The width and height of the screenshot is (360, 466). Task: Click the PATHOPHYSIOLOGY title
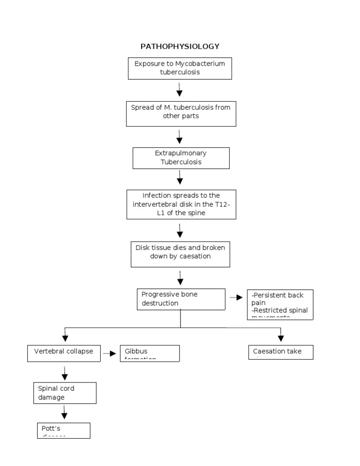pyautogui.click(x=180, y=46)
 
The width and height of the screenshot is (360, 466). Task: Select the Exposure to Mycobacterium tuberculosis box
pyautogui.click(x=180, y=68)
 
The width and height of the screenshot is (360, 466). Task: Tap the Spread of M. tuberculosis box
pyautogui.click(x=181, y=113)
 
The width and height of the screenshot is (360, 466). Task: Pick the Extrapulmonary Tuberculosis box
pyautogui.click(x=181, y=158)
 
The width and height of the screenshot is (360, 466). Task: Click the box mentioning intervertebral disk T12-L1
pyautogui.click(x=181, y=204)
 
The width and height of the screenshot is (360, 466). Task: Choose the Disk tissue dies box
pyautogui.click(x=180, y=254)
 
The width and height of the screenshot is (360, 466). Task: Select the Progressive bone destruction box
pyautogui.click(x=181, y=299)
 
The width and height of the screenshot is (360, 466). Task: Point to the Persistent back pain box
pyautogui.click(x=280, y=304)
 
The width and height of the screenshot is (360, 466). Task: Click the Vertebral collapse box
pyautogui.click(x=64, y=353)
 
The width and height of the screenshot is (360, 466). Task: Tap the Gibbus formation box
pyautogui.click(x=150, y=353)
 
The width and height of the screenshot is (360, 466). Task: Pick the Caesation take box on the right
pyautogui.click(x=280, y=352)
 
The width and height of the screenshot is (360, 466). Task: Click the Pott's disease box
pyautogui.click(x=63, y=430)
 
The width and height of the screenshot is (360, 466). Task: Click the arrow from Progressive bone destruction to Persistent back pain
pyautogui.click(x=236, y=298)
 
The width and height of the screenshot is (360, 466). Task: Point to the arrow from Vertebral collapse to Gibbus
pyautogui.click(x=110, y=353)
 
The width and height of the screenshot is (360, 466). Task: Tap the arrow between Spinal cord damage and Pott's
pyautogui.click(x=65, y=413)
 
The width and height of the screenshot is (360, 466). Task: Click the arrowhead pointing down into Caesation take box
pyautogui.click(x=281, y=338)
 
